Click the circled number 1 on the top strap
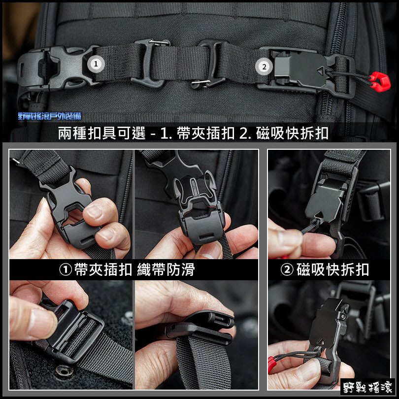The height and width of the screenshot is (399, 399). [96, 64]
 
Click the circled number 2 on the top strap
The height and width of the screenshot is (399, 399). [264, 66]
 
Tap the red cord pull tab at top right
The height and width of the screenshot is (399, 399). [380, 81]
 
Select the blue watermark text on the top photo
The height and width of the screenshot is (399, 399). [50, 116]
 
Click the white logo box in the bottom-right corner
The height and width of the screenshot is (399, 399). [367, 387]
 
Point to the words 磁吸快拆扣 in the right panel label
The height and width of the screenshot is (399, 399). [332, 270]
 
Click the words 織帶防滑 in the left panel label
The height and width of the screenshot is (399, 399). [166, 270]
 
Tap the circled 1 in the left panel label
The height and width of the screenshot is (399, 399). [66, 270]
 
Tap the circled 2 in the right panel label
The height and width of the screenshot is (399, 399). [287, 270]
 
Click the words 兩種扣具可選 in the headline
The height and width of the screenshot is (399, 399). [102, 133]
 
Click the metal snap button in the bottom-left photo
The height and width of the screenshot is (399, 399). [64, 371]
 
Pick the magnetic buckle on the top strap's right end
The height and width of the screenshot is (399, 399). [305, 71]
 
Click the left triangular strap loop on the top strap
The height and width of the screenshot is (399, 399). [150, 63]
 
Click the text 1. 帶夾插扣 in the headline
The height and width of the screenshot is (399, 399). [198, 133]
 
